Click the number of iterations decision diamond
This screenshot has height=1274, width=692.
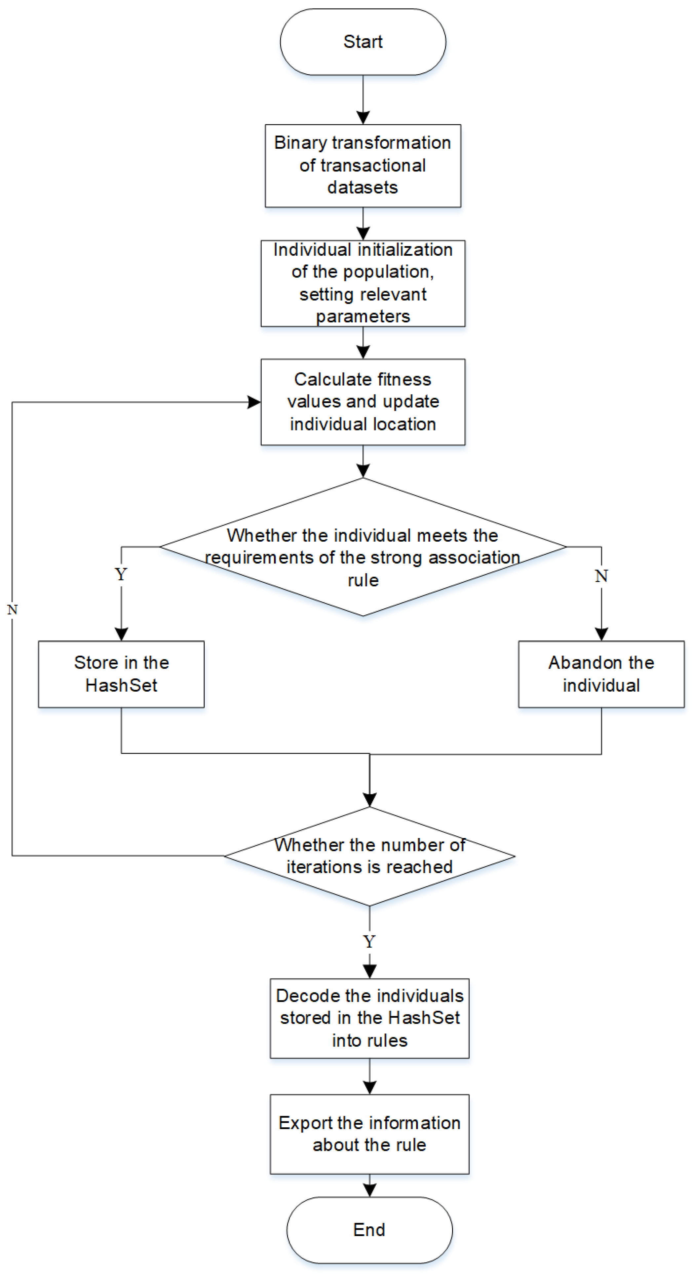(x=369, y=856)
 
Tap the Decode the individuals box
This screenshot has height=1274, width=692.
(x=369, y=1018)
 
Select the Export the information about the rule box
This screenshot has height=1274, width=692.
(x=369, y=1134)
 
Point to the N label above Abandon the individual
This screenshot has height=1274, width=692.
(x=601, y=576)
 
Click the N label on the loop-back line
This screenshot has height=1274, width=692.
(x=12, y=610)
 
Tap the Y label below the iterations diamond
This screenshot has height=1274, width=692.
(x=369, y=941)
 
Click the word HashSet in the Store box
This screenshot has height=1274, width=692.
(x=121, y=685)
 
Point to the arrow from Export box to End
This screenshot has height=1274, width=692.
(x=369, y=1186)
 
